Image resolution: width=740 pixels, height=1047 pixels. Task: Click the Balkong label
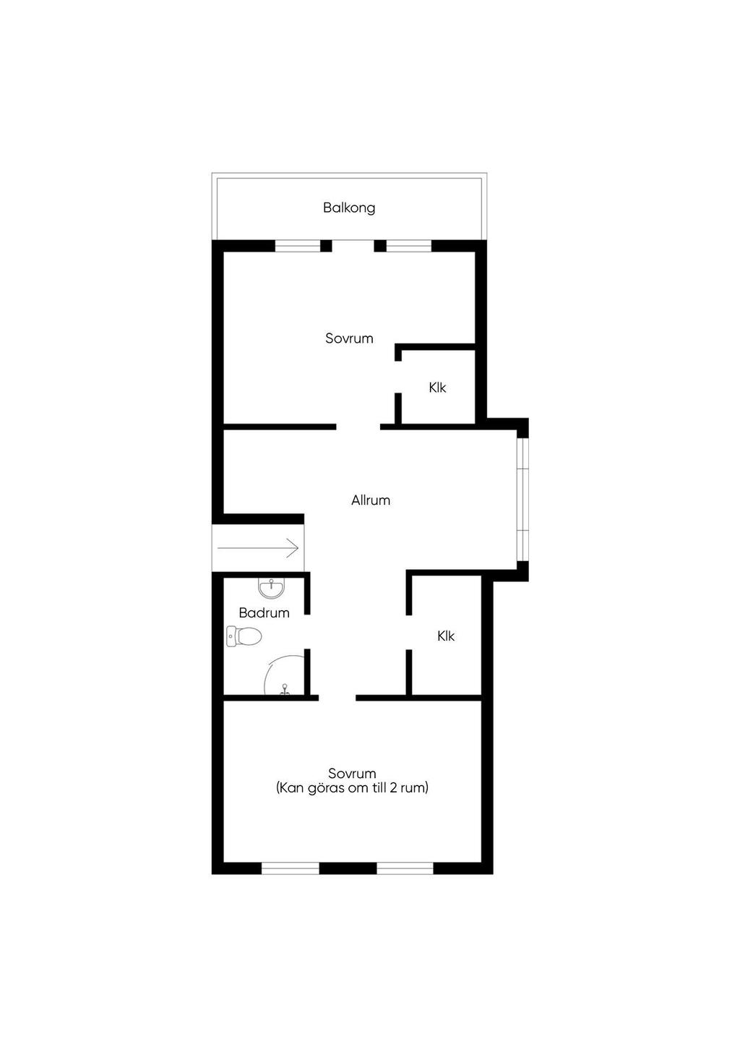click(x=349, y=208)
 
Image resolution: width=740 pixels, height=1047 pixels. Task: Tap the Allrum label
click(x=371, y=500)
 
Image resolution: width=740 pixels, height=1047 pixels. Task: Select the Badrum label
click(x=264, y=613)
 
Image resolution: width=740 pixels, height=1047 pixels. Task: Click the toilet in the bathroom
click(x=244, y=636)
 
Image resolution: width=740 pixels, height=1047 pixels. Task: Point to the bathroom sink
click(x=272, y=587)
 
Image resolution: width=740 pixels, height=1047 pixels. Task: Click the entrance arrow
click(x=258, y=548)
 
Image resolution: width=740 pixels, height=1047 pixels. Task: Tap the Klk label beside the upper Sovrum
click(x=437, y=388)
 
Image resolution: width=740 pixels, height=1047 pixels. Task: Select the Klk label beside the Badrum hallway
click(x=446, y=636)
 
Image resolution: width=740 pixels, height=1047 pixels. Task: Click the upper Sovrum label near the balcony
click(x=349, y=338)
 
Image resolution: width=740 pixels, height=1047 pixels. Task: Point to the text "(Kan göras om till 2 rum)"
click(x=352, y=788)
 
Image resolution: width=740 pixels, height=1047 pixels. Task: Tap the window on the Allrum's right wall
click(x=522, y=500)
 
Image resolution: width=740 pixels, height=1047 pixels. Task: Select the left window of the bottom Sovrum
click(x=290, y=868)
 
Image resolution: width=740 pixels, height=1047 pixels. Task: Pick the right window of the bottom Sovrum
click(x=405, y=868)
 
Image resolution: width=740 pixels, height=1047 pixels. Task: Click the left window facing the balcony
click(x=297, y=246)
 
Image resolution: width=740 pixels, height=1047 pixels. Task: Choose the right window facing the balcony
click(x=408, y=246)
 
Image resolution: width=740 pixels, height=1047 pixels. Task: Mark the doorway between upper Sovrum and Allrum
click(x=358, y=427)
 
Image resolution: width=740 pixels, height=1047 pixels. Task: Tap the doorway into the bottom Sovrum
click(x=337, y=698)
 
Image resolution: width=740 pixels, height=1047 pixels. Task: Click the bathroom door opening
click(x=307, y=632)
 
